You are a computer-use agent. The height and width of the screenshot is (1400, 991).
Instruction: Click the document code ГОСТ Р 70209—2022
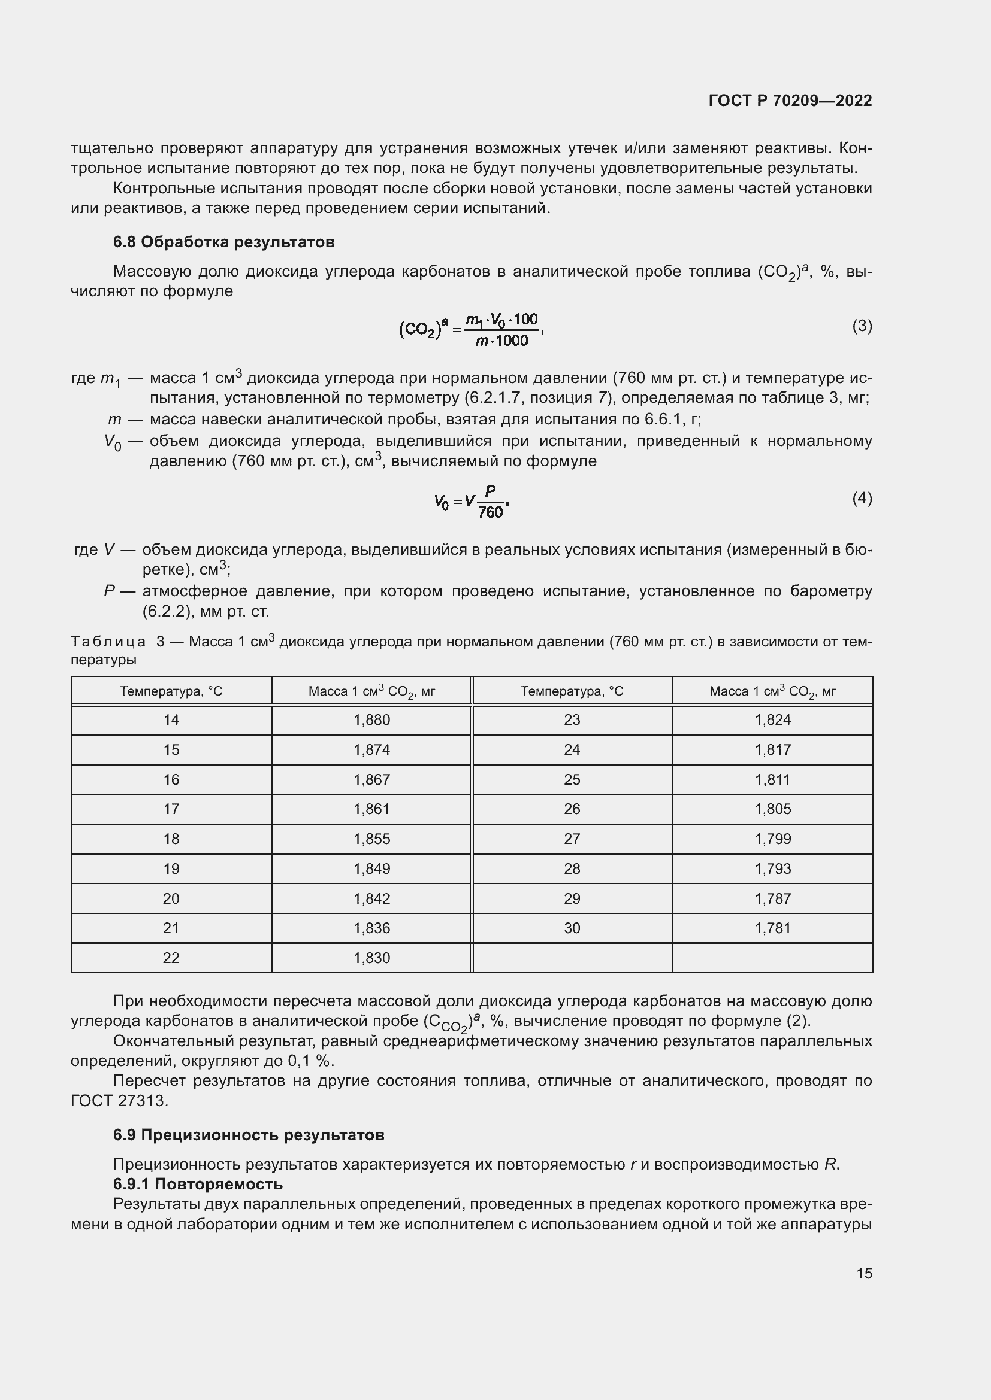790,101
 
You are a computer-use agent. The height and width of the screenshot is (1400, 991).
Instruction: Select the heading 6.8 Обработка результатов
223,242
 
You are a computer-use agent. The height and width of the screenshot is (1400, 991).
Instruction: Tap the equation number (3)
862,326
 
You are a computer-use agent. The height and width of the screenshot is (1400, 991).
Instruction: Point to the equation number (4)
862,499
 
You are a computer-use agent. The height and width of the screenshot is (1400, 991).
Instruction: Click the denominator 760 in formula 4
490,512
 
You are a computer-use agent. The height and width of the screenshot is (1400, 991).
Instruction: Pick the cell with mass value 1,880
371,720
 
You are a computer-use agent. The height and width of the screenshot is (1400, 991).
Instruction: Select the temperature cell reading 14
171,720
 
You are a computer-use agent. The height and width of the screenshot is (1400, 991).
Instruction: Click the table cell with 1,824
772,720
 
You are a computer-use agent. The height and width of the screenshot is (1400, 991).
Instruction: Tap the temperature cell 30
572,928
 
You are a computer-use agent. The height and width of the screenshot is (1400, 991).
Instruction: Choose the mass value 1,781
772,928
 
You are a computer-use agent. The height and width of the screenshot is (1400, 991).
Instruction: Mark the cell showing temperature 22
171,958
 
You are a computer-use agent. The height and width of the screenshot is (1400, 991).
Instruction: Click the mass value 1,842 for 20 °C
371,899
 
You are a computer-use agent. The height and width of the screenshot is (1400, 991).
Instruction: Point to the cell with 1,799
772,839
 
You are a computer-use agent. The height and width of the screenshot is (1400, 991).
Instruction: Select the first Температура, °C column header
171,691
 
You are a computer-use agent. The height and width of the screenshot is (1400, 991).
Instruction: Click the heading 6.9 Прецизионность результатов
249,1135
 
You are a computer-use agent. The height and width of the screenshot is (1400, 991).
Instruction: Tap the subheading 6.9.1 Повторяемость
198,1184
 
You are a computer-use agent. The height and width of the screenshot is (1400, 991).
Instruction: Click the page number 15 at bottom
864,1273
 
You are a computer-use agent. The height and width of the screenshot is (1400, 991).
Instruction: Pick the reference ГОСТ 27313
119,1101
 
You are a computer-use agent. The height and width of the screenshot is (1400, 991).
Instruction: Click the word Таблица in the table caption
108,642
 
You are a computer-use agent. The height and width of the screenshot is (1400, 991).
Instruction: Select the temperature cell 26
572,809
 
